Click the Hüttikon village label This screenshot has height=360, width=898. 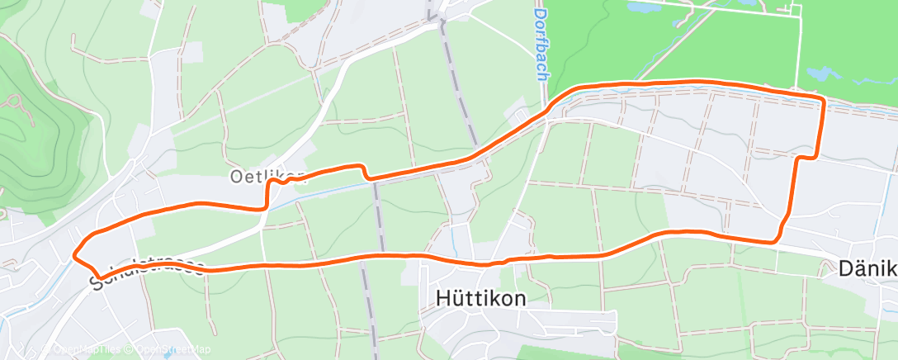pos(480,298)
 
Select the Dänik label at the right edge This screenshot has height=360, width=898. pos(867,269)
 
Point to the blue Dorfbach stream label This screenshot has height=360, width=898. pos(541,45)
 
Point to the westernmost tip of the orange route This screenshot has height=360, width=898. pos(75,254)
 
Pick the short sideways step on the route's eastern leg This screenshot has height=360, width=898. pos(806,156)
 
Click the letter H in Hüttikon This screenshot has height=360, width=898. pos(442,298)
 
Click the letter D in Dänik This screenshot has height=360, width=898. pos(845,269)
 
